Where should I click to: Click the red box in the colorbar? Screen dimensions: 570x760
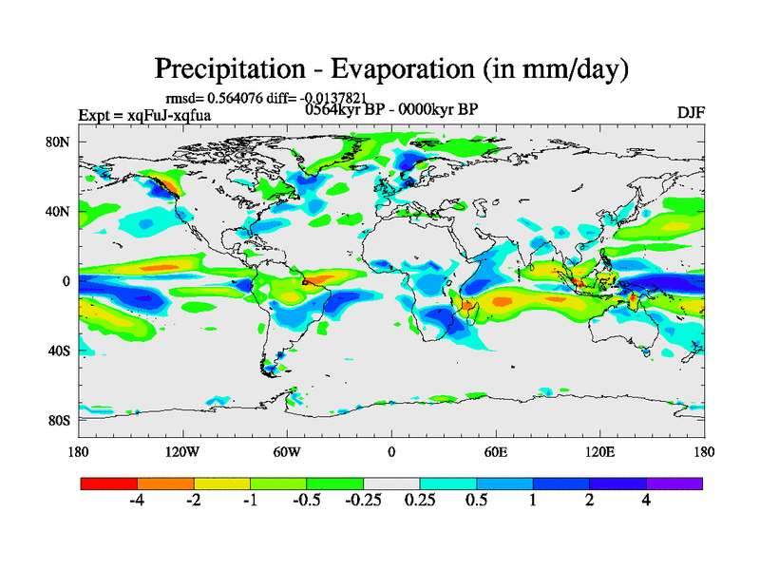click(x=109, y=484)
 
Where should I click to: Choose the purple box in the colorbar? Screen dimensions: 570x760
click(x=674, y=484)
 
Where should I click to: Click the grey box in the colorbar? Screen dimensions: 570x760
click(x=391, y=484)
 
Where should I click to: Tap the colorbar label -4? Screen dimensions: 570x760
click(x=136, y=502)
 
